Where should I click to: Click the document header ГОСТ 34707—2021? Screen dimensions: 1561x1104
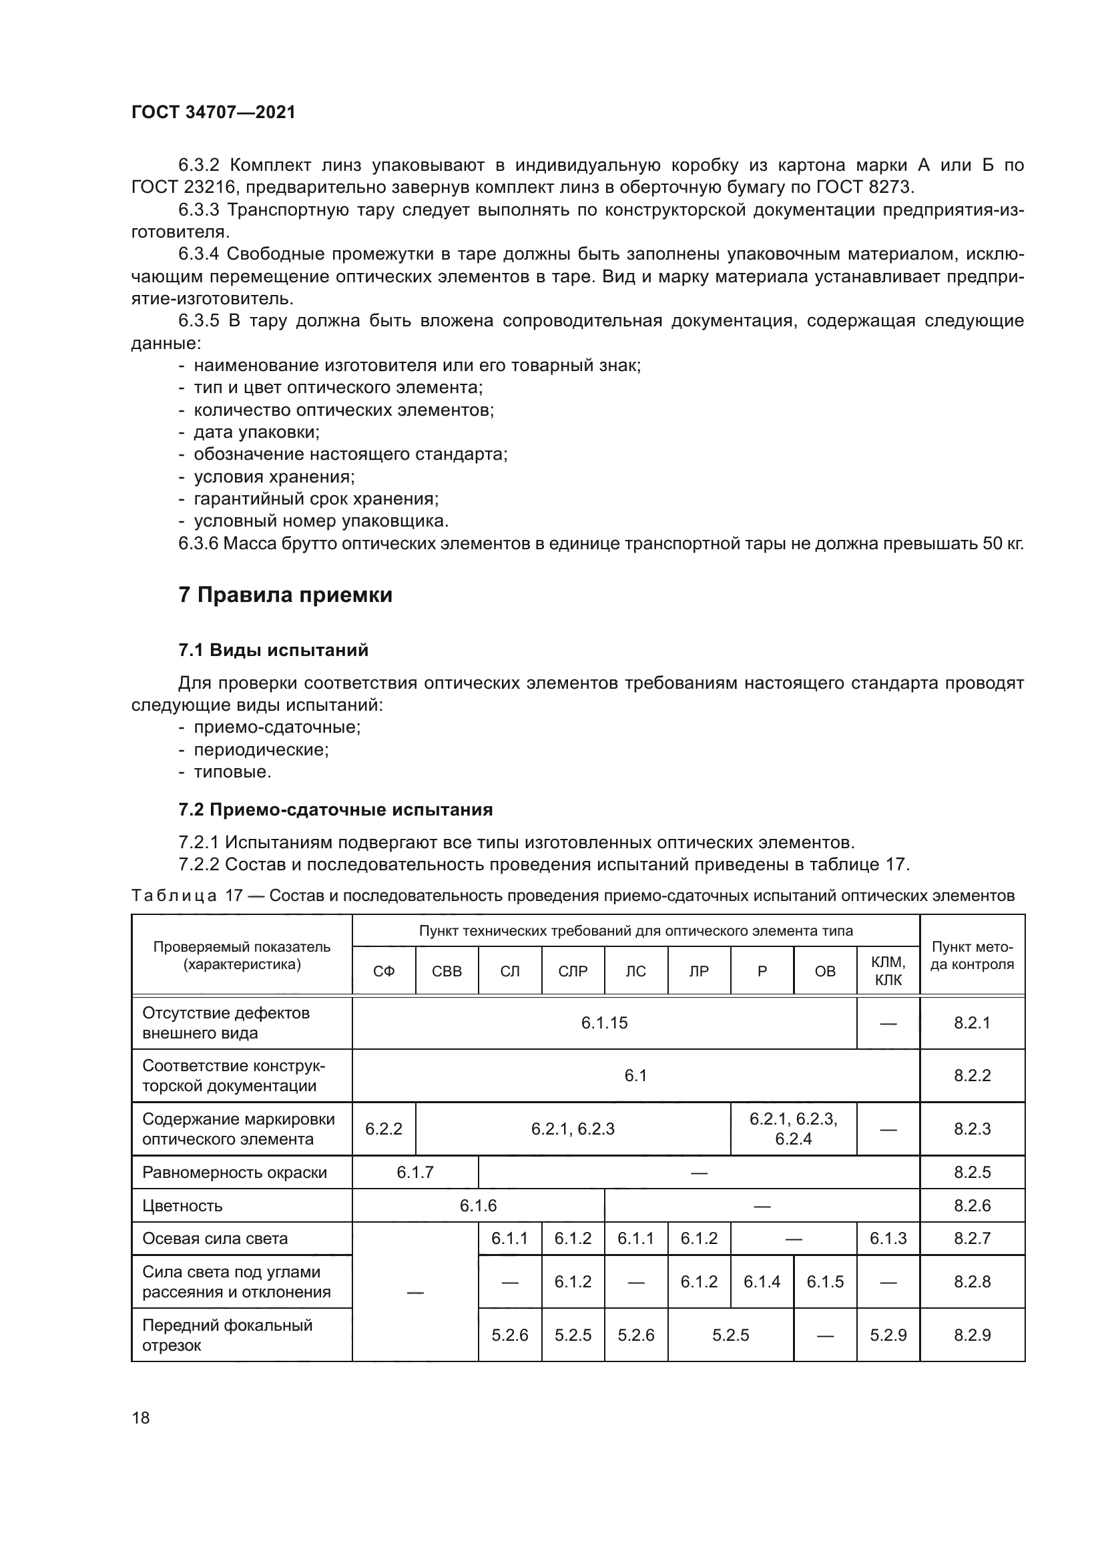[x=214, y=112]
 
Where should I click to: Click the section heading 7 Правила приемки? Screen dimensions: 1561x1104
[x=285, y=595]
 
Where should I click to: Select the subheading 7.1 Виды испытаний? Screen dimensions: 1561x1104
[x=273, y=650]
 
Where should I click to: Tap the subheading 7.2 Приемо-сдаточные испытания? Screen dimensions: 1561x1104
[x=335, y=810]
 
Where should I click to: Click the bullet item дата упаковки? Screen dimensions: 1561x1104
[x=256, y=432]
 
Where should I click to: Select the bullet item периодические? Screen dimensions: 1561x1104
[x=261, y=750]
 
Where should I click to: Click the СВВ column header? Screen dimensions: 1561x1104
[x=447, y=972]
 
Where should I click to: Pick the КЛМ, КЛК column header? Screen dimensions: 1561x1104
[x=888, y=971]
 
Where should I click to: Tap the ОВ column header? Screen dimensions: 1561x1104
[x=824, y=972]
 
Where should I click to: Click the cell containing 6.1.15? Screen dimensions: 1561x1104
[x=603, y=1023]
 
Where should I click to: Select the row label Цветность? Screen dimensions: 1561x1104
[x=182, y=1206]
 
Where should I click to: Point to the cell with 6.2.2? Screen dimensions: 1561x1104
[x=383, y=1129]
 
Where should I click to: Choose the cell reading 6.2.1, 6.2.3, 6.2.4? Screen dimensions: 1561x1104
[x=793, y=1129]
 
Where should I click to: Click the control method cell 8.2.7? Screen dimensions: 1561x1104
[x=971, y=1239]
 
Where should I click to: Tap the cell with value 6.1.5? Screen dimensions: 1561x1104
[x=824, y=1282]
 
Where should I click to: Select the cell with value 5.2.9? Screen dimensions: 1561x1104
[x=888, y=1335]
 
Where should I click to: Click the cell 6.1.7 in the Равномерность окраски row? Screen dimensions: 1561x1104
[x=415, y=1173]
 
